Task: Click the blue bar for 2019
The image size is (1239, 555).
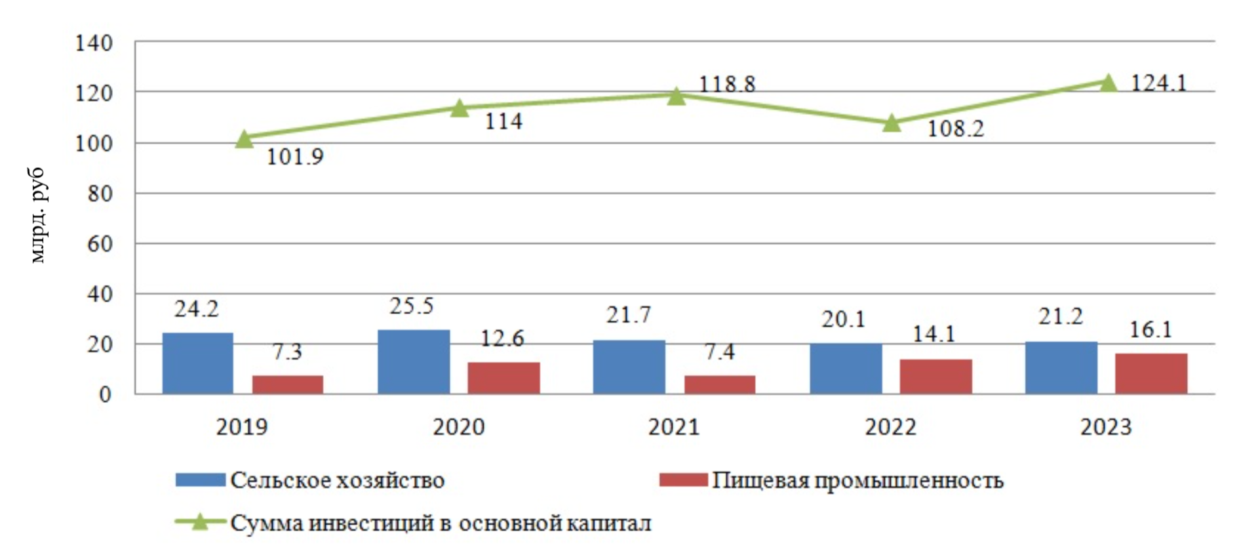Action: pyautogui.click(x=197, y=363)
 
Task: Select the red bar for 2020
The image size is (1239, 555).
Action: pyautogui.click(x=503, y=378)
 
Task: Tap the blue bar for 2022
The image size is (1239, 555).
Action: pyautogui.click(x=845, y=368)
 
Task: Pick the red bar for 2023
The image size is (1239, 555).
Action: pyautogui.click(x=1150, y=373)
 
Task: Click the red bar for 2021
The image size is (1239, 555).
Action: pyautogui.click(x=719, y=384)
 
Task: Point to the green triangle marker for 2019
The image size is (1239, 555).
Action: pyautogui.click(x=244, y=139)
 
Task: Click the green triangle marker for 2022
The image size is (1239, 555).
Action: pyautogui.click(x=891, y=123)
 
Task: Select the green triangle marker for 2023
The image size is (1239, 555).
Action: pyautogui.click(x=1107, y=83)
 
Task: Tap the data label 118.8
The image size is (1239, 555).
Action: pyautogui.click(x=726, y=84)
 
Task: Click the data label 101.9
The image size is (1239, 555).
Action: pyautogui.click(x=295, y=157)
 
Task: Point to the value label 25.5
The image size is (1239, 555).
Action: pyautogui.click(x=412, y=306)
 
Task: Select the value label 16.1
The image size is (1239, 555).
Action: pyautogui.click(x=1150, y=329)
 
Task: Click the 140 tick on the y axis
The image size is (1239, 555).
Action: pyautogui.click(x=94, y=43)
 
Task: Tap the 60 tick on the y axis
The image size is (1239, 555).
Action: pyautogui.click(x=100, y=244)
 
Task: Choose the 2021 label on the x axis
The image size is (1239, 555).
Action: pyautogui.click(x=674, y=427)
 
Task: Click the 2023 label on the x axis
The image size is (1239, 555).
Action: pyautogui.click(x=1106, y=427)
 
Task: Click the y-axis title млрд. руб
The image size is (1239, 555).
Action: pyautogui.click(x=38, y=215)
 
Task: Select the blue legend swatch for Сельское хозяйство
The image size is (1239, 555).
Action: pyautogui.click(x=200, y=480)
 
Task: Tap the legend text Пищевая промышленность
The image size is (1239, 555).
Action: pyautogui.click(x=857, y=480)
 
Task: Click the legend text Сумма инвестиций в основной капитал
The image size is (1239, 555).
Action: pyautogui.click(x=441, y=524)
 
